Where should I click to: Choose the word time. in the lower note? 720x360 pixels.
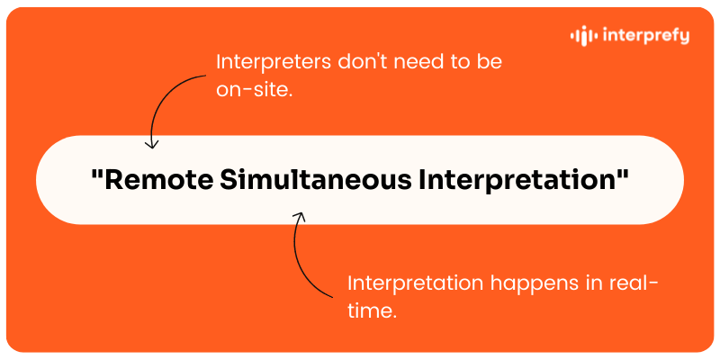(x=372, y=310)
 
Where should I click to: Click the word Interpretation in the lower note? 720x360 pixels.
(x=415, y=283)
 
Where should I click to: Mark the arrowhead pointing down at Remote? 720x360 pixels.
(x=153, y=143)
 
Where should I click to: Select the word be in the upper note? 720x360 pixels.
(x=491, y=63)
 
